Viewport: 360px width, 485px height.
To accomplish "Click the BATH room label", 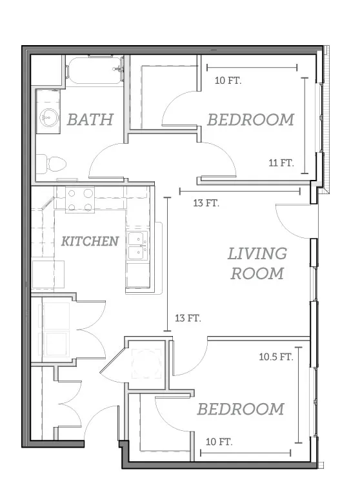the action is (90, 120).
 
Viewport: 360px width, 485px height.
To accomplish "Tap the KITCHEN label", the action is (90, 241).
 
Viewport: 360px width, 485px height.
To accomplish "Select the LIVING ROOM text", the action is (257, 264).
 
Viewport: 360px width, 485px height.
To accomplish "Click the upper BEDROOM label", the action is (250, 120).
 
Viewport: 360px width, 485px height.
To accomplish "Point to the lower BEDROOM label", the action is (241, 409).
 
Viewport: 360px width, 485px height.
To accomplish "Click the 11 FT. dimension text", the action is (281, 163).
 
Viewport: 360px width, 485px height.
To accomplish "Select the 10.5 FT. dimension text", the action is (276, 357).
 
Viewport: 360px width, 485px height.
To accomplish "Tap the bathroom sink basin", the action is (49, 118).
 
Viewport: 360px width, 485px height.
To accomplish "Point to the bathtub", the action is (95, 70).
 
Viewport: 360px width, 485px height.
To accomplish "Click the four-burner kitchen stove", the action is (80, 199).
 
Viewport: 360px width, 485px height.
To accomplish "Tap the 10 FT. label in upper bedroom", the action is (228, 81).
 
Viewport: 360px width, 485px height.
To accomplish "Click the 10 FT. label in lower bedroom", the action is (219, 442).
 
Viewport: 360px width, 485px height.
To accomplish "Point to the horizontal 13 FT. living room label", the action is (206, 203).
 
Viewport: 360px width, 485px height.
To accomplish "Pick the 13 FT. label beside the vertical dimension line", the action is (188, 318).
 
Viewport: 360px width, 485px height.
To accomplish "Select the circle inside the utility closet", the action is (146, 363).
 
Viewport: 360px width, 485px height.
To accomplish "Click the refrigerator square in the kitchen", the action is (48, 275).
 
